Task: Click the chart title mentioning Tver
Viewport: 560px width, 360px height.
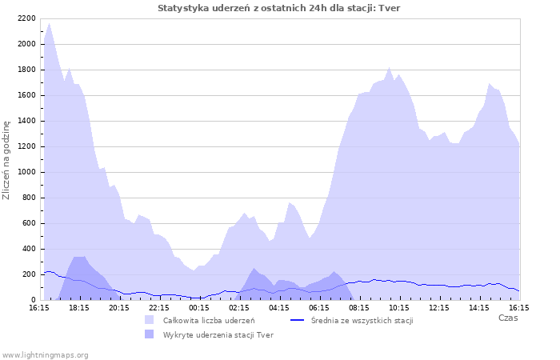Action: (x=279, y=8)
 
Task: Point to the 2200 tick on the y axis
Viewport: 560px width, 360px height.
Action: (x=26, y=18)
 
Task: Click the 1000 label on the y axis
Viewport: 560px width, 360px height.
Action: (x=26, y=172)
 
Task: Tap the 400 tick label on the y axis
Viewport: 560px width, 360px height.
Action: (x=28, y=249)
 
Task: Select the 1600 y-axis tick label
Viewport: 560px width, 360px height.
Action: (x=26, y=95)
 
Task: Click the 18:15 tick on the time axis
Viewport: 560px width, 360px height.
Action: (x=79, y=307)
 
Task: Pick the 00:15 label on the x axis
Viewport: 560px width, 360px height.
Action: (x=199, y=307)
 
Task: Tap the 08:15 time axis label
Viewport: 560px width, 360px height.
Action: (x=359, y=307)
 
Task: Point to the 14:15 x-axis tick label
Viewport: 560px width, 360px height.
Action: (x=479, y=307)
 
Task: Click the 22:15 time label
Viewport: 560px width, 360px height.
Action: (x=159, y=307)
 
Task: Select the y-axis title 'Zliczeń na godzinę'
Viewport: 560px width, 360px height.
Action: (x=6, y=160)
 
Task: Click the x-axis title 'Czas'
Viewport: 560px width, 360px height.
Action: (x=507, y=318)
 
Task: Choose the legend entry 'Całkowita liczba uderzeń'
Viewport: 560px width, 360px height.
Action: (x=209, y=320)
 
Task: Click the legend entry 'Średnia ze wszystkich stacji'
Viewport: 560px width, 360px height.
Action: (x=362, y=320)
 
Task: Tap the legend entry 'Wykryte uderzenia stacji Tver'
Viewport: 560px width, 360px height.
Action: (x=218, y=334)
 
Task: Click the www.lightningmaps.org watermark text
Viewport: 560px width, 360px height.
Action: (x=45, y=354)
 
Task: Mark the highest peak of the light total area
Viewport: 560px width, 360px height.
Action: (x=49, y=23)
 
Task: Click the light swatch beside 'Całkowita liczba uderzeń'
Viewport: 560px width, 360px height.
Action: (x=150, y=320)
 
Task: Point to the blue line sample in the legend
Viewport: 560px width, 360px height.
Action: (x=298, y=320)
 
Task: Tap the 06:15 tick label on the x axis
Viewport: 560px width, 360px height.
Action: (x=319, y=307)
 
